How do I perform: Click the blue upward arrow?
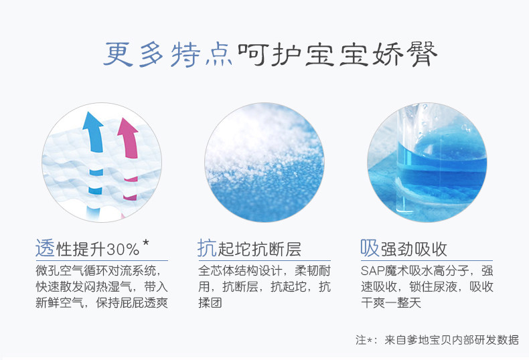tap(94, 133)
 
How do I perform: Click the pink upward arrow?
tap(129, 139)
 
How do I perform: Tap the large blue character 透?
tap(45, 248)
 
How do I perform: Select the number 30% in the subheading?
tap(123, 250)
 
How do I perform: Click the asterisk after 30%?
tap(145, 243)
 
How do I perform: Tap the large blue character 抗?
tap(207, 248)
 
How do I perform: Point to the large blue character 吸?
tap(370, 248)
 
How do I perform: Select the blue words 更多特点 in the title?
tap(168, 54)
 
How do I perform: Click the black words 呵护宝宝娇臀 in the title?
tap(337, 54)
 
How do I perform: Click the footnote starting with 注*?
tap(437, 340)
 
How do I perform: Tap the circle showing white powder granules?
tap(264, 162)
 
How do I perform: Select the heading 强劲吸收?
tap(414, 250)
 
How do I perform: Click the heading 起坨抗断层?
tap(259, 250)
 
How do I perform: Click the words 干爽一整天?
tap(391, 302)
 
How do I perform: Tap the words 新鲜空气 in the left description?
tap(60, 302)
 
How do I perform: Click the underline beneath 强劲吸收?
tap(427, 260)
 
